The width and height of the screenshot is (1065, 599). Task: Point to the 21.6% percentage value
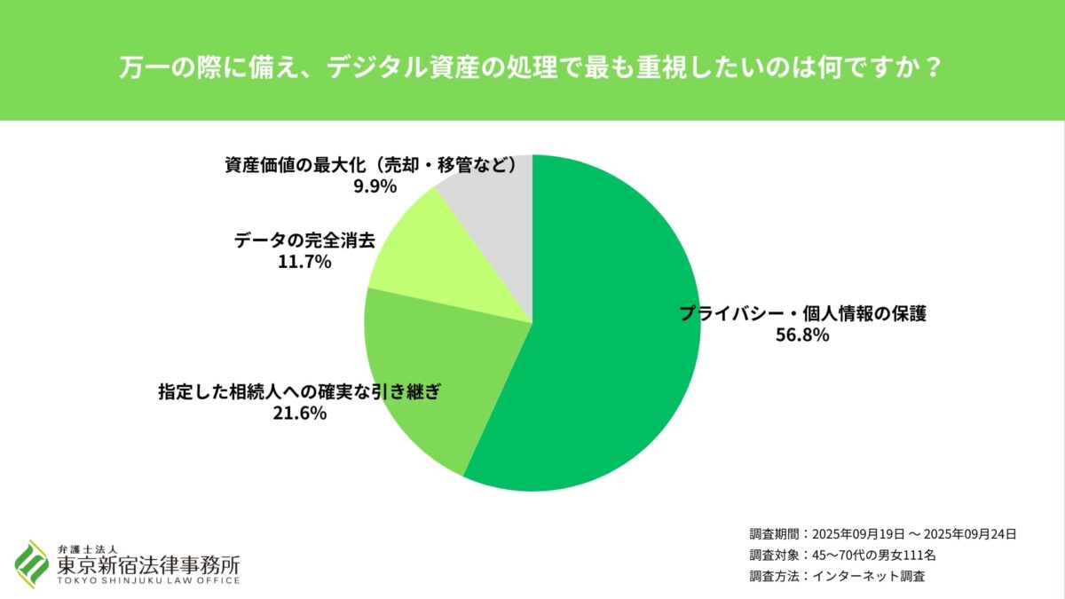(x=300, y=413)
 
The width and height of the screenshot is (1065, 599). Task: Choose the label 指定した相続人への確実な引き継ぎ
(x=300, y=390)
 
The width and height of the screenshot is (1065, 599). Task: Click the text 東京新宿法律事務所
(x=147, y=565)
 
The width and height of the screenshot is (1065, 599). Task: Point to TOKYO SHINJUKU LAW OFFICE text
(x=147, y=581)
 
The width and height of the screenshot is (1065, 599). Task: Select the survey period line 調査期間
(x=882, y=534)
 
